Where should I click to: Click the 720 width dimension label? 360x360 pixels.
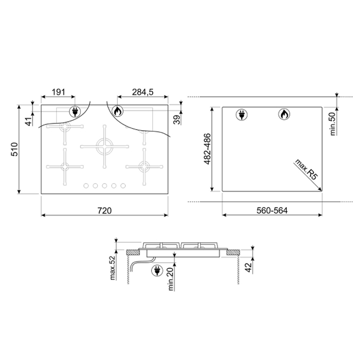pos(104,210)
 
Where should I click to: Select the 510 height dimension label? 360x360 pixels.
pos(14,149)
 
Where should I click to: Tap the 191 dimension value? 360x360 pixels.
pos(58,92)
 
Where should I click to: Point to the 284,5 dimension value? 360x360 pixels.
pos(142,92)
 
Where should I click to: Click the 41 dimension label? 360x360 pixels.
pos(29,121)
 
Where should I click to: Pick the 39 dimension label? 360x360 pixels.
pos(177,120)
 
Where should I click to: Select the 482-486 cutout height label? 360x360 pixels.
pos(207,149)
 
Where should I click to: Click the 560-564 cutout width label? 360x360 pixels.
pos(272,210)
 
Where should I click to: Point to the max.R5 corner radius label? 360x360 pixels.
pos(307,169)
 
